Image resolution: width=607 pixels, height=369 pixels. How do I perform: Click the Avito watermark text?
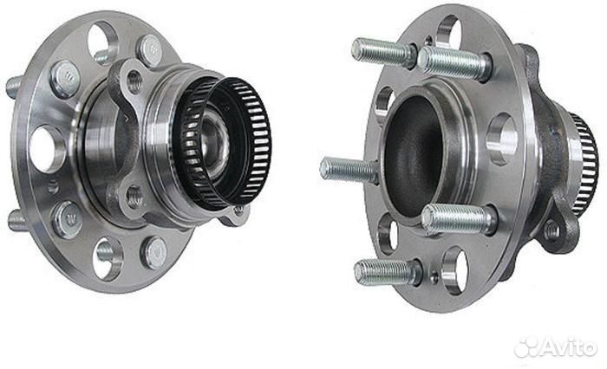[568, 348]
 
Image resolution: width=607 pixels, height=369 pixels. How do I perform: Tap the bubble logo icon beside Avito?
[526, 348]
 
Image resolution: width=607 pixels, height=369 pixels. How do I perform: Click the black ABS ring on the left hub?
[223, 144]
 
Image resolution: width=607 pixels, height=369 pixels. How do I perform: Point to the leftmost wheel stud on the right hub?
[349, 170]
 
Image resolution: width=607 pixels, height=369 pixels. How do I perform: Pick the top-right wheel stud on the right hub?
[454, 62]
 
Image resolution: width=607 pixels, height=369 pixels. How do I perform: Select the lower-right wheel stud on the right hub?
[458, 219]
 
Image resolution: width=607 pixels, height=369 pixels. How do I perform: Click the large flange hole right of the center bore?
[502, 139]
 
